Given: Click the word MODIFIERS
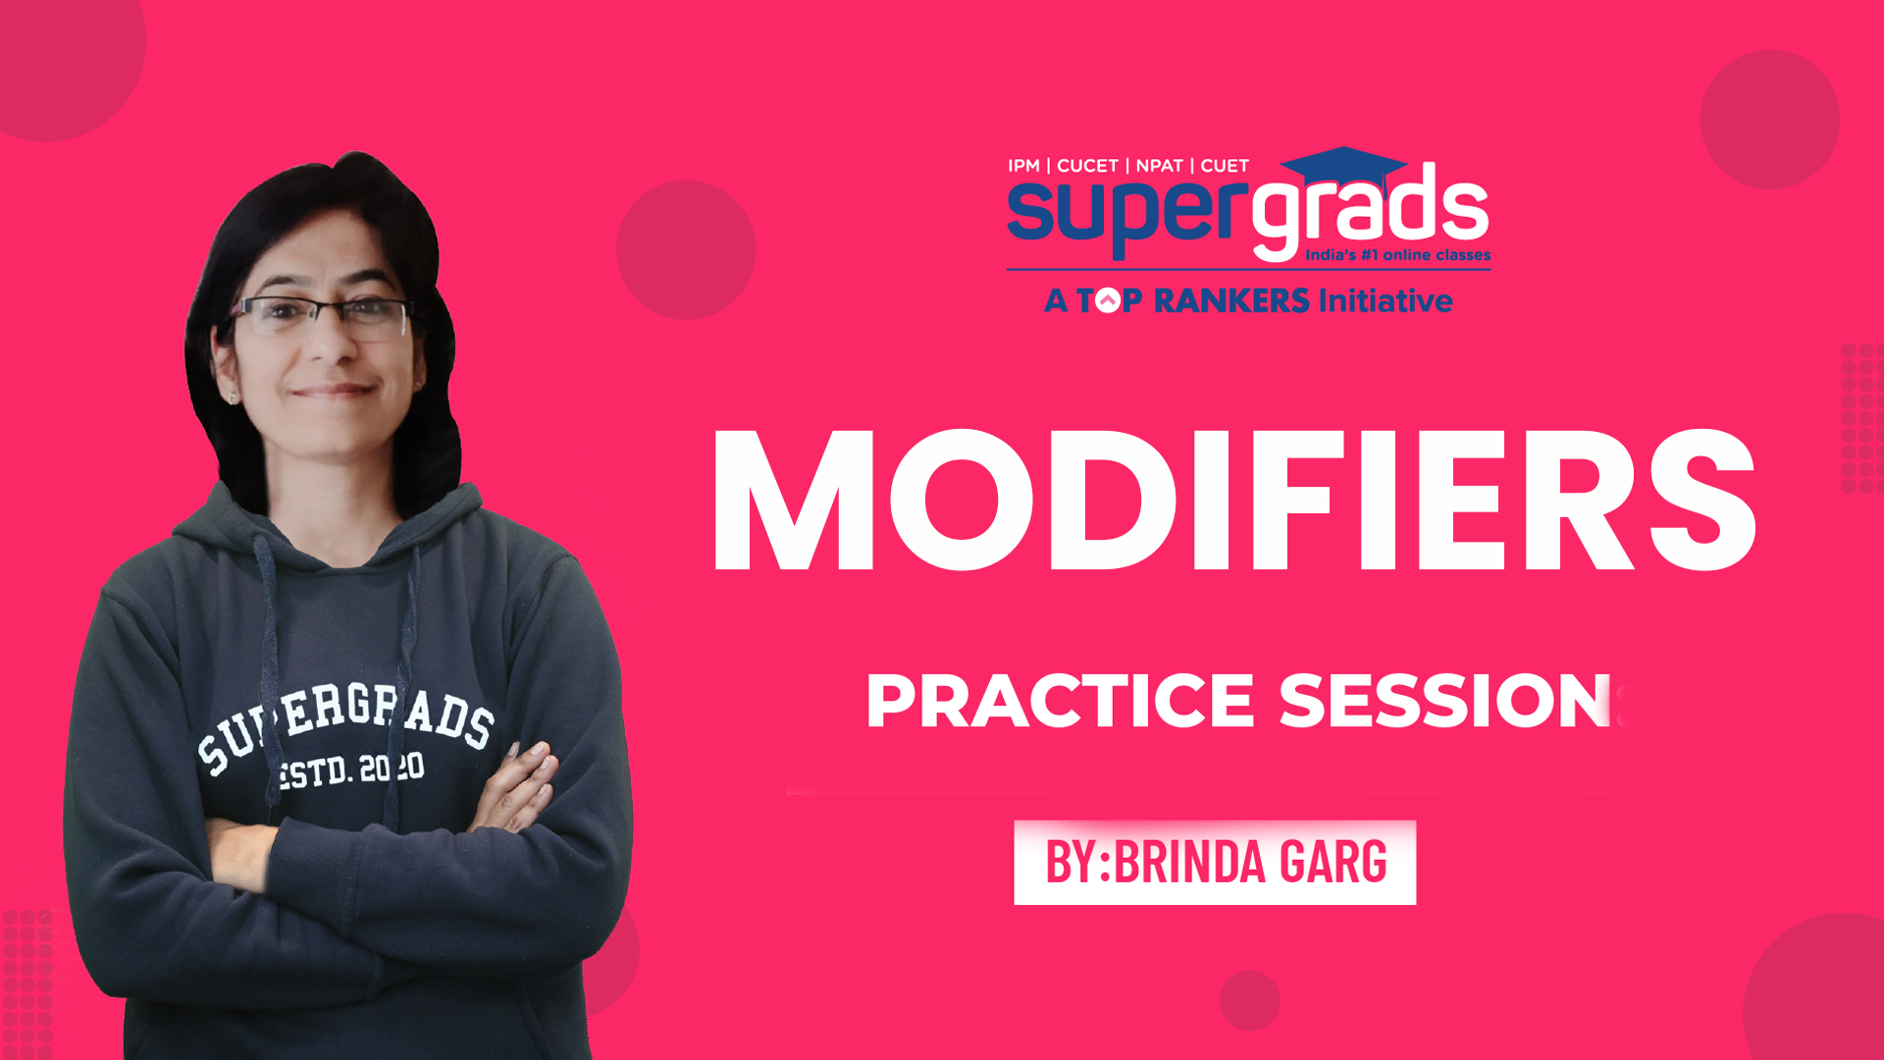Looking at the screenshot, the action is point(1234,501).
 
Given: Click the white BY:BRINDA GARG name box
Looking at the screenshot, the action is point(1215,862).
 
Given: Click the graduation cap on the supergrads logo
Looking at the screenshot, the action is point(1345,168).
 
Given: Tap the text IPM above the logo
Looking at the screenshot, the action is point(1023,166).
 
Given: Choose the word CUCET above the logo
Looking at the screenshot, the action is point(1087,166).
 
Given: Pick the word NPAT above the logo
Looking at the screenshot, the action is point(1159,166).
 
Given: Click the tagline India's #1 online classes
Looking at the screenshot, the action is point(1397,255).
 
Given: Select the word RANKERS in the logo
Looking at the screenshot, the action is point(1231,300).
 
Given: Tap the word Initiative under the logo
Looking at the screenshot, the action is point(1386,300).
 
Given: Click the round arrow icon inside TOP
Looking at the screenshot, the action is point(1107,300).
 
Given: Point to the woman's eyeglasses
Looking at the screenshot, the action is point(321,316).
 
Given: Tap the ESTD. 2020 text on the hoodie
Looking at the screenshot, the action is point(350,770).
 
